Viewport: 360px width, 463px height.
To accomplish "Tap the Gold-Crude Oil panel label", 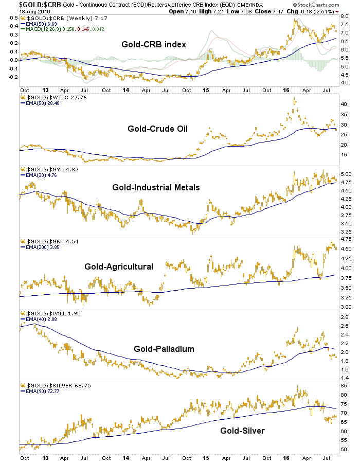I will [x=157, y=128].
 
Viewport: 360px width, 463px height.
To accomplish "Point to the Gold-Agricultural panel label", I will [x=119, y=266].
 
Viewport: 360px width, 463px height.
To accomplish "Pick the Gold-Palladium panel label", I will [x=164, y=349].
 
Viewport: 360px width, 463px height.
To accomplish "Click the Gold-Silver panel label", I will [x=242, y=431].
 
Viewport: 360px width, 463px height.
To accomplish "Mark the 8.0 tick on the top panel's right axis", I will [x=344, y=16].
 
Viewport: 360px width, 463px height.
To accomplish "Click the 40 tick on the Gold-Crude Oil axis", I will [x=343, y=104].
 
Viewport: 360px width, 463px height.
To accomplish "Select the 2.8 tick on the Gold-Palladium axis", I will [x=344, y=317].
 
